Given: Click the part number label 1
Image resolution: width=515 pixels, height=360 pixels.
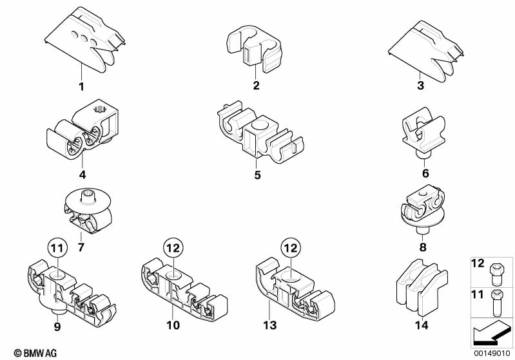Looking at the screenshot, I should click(81, 86).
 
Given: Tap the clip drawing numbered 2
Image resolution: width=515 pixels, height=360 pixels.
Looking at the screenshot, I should click(255, 49).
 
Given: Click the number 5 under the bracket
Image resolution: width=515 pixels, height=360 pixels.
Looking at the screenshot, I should click(257, 174).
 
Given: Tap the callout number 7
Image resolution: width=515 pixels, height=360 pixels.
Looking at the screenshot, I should click(81, 248).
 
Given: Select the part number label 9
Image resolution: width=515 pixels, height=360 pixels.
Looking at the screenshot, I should click(57, 327).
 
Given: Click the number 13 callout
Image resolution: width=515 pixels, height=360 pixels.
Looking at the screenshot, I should click(271, 326).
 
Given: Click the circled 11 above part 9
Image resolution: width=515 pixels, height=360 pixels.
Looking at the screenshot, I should click(57, 247).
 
